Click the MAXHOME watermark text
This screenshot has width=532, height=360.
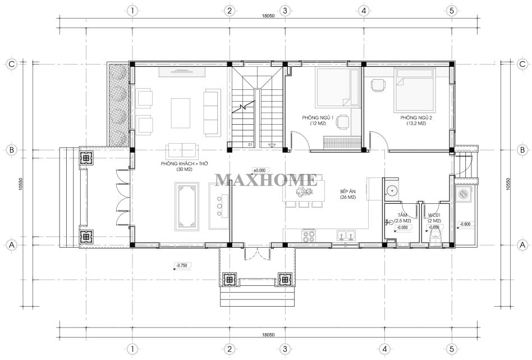tap(267, 180)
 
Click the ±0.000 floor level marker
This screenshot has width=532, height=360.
tap(260, 170)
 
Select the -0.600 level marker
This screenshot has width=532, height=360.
tap(465, 224)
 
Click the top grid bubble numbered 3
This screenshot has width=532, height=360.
tap(285, 11)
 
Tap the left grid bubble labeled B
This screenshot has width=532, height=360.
tap(12, 150)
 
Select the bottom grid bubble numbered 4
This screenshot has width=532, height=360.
tap(384, 349)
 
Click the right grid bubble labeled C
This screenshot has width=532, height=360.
tap(522, 64)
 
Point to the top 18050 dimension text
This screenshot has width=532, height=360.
tap(268, 15)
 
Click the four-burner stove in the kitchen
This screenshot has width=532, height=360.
tap(309, 236)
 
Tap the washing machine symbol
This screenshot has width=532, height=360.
tap(463, 194)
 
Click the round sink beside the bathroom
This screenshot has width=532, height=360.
tap(392, 190)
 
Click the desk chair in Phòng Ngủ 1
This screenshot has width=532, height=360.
tap(343, 121)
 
